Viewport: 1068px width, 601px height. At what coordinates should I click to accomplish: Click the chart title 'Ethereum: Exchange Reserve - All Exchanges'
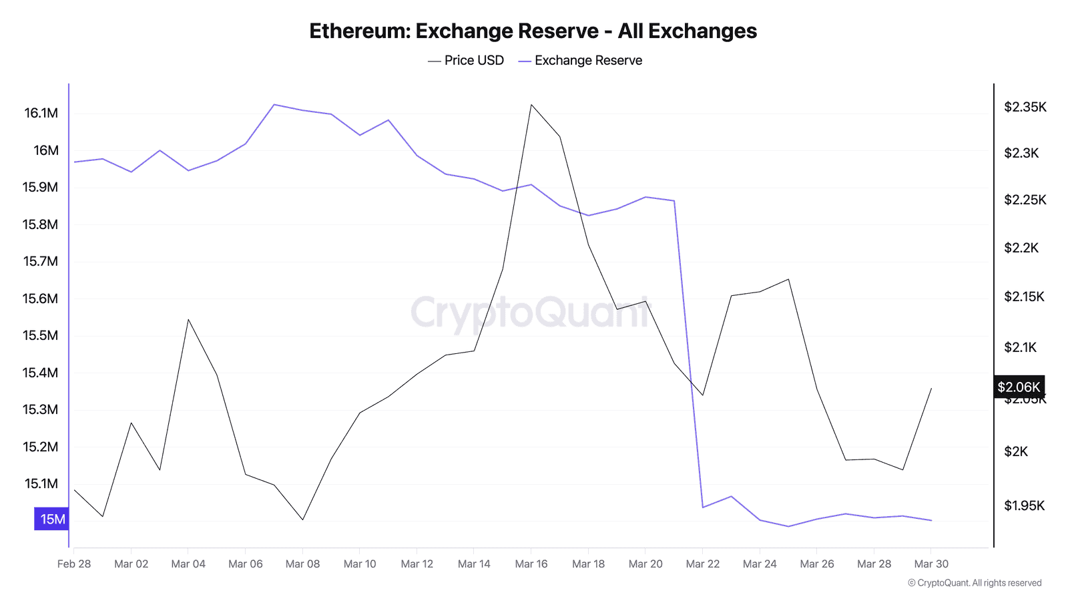pos(533,31)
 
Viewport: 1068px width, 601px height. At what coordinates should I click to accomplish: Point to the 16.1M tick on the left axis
pos(41,113)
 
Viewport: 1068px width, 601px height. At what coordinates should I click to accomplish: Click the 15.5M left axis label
pos(41,335)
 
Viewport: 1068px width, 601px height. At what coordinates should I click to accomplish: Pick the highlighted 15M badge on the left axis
pos(52,519)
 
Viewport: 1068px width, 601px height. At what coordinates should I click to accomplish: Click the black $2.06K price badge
pos(1019,387)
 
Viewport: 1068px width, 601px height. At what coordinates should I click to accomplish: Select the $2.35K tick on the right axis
pos(1025,107)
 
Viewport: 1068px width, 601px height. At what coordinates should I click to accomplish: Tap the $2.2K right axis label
pos(1021,248)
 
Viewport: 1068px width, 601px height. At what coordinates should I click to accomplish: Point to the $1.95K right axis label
pos(1024,506)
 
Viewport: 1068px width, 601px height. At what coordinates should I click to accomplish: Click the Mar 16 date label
pos(531,564)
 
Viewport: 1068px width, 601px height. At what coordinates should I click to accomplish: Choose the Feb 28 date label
pos(74,564)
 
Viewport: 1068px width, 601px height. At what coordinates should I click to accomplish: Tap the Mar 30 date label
pos(931,564)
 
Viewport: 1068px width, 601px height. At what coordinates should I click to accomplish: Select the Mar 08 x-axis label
pos(302,564)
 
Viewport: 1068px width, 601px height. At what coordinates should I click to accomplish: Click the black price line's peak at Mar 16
pos(531,105)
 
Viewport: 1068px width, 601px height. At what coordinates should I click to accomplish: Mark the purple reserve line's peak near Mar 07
pos(274,104)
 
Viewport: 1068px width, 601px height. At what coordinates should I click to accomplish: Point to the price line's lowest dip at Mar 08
pos(303,520)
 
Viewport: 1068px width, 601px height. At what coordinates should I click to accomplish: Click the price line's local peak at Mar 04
pos(188,319)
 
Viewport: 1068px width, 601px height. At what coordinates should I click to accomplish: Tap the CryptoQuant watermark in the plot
pos(531,313)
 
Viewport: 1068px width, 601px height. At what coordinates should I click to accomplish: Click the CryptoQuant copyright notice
pos(975,583)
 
